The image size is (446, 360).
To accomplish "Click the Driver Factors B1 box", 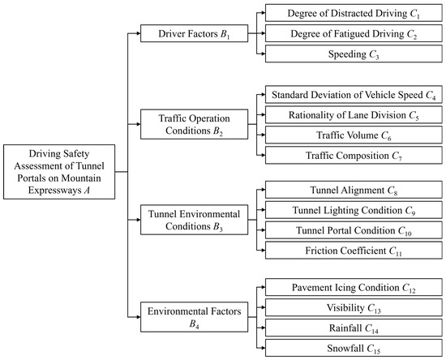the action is click(195, 33).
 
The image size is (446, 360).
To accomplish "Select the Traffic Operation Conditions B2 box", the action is click(195, 124).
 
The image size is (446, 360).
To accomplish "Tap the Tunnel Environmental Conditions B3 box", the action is click(195, 220).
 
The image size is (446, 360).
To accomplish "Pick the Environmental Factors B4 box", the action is click(195, 317).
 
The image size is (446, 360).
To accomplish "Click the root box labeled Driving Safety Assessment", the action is click(59, 172).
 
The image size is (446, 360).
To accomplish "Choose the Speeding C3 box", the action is click(354, 54).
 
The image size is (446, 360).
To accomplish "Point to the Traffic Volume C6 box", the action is click(354, 135).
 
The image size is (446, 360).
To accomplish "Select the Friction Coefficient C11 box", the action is click(354, 251).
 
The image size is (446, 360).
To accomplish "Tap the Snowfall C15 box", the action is click(354, 348).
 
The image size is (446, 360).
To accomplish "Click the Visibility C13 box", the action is click(354, 307).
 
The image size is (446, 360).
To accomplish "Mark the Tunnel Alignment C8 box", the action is click(354, 190).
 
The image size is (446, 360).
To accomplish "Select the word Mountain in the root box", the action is click(81, 178).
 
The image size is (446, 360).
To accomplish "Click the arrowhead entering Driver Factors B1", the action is click(138, 33).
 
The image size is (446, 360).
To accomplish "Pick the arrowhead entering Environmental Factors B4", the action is click(138, 317).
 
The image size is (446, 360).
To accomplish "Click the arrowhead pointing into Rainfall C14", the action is click(263, 328).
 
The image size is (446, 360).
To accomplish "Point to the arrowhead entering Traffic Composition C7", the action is click(263, 155).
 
